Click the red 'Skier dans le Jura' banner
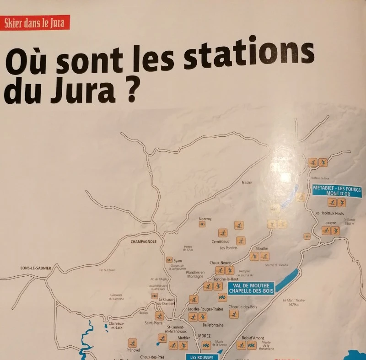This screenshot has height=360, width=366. point(36,22)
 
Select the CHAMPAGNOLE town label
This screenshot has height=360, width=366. point(144,242)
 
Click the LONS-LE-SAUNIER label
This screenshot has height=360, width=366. point(36,268)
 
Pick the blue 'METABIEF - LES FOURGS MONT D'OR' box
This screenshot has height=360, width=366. point(337,191)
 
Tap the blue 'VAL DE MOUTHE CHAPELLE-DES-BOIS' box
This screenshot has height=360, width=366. point(251,287)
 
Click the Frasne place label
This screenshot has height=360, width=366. point(247,183)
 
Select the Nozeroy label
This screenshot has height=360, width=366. point(205,219)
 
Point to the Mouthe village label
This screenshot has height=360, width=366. point(262,248)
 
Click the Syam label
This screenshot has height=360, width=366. point(178,261)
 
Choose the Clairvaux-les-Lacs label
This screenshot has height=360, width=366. point(116,325)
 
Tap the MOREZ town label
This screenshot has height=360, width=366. point(204,336)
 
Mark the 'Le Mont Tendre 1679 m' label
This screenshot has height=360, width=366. point(294,302)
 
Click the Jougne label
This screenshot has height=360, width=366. point(330,223)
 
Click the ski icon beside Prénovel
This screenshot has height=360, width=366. point(132,343)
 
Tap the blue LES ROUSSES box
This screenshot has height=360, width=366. point(199,357)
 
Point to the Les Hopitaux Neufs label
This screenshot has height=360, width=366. point(329,213)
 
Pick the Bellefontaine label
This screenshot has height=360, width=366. point(213,325)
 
